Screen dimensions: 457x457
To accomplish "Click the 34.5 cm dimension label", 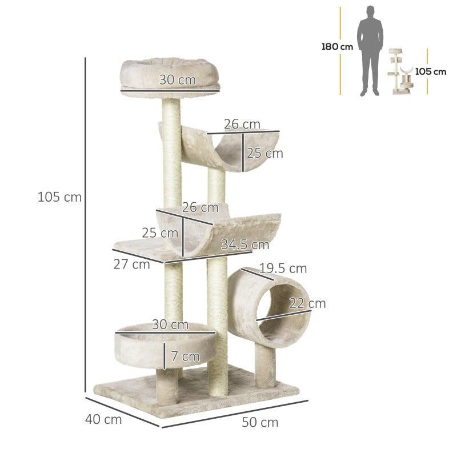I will coord(245,245).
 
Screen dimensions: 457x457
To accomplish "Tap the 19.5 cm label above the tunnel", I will coord(283,268).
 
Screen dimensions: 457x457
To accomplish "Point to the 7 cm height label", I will coord(186,357).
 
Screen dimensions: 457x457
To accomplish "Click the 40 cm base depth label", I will coord(103,419).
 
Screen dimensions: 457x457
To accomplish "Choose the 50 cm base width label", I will coord(260,423).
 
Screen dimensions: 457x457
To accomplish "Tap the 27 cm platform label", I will coord(132,264).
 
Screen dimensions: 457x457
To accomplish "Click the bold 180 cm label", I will coord(337,47).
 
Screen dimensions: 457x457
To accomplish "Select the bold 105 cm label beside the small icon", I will coord(431,72).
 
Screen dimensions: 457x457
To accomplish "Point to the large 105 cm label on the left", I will coord(59,198).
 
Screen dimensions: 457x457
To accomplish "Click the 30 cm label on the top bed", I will coord(177,81).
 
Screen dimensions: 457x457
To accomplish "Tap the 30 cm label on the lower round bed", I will coord(170,325).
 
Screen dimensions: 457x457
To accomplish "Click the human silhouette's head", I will coord(370,12).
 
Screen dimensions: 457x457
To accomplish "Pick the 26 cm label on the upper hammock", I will coord(242,125).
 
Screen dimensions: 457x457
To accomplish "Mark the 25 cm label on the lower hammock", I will coord(161,233).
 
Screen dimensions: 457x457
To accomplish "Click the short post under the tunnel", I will coord(266,366).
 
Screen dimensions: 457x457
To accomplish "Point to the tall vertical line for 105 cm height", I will coord(86,223).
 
